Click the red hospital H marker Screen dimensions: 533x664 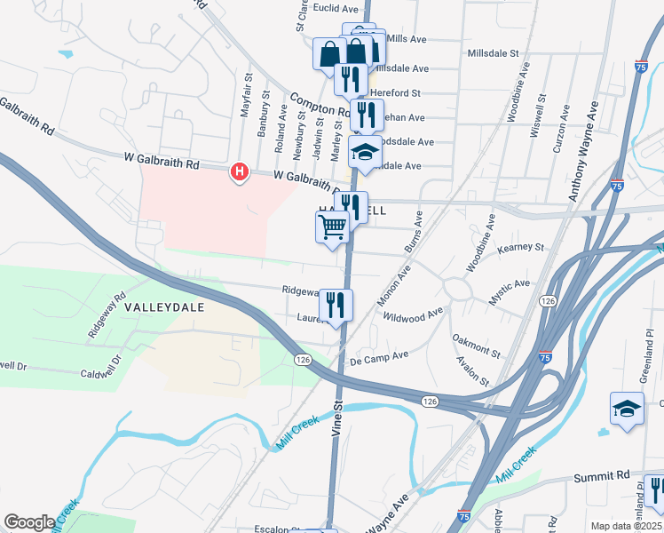coord(238,171)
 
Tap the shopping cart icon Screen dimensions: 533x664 coord(332,227)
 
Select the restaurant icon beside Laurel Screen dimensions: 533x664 coord(336,305)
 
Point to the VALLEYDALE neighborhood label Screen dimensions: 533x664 coord(164,306)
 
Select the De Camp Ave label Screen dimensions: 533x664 coord(379,357)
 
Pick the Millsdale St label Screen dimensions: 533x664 coord(493,53)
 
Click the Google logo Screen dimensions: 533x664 coord(29,522)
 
